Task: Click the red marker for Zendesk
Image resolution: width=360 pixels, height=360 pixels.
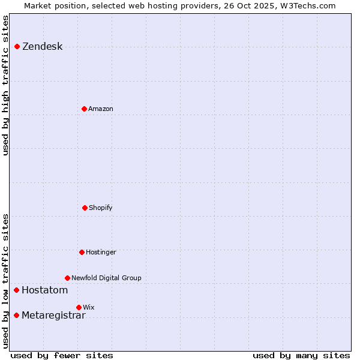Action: (x=17, y=47)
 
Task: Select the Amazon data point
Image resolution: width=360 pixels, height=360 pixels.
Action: (x=84, y=109)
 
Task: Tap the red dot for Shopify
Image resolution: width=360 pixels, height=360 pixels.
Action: (x=85, y=208)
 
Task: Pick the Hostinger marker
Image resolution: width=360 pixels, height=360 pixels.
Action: (x=82, y=252)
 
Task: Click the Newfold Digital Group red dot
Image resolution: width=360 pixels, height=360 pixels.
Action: (x=67, y=278)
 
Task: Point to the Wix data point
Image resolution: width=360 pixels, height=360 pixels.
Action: (x=79, y=307)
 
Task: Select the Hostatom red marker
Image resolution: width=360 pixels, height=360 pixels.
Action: (x=16, y=290)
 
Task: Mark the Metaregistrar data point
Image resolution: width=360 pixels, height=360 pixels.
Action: (x=16, y=316)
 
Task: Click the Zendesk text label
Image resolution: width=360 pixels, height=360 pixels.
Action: (x=42, y=47)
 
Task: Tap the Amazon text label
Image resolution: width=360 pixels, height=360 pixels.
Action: (x=101, y=109)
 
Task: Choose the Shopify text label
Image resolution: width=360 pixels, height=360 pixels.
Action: (x=101, y=208)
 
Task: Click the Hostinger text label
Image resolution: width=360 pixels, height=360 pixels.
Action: (x=101, y=253)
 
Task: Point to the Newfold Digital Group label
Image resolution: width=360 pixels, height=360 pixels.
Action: (x=106, y=278)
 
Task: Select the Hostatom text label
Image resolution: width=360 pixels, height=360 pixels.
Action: (x=44, y=290)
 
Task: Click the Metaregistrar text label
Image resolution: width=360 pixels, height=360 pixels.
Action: (x=53, y=316)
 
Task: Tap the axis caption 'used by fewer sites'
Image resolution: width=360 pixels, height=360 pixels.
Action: (x=62, y=356)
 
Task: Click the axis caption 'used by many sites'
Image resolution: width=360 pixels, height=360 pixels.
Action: (x=301, y=356)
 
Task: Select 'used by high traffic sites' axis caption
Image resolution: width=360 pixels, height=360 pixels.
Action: (x=6, y=85)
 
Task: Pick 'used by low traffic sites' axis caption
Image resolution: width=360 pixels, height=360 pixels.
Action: (x=6, y=280)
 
